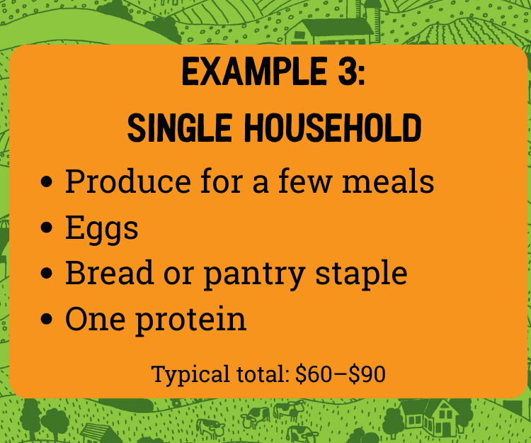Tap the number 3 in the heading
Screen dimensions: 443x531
click(x=350, y=74)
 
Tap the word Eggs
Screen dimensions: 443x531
click(x=101, y=228)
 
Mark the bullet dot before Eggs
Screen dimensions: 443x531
click(x=48, y=229)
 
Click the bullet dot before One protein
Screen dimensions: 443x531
click(x=48, y=320)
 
